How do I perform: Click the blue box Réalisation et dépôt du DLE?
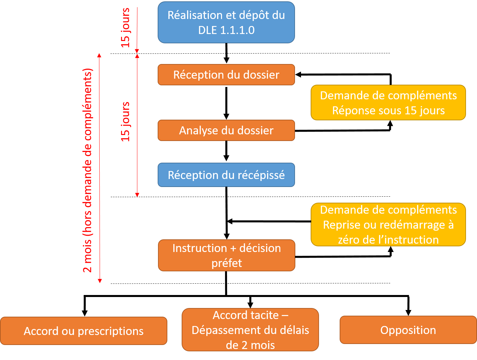[x=226, y=22]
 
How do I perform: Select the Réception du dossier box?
[x=226, y=75]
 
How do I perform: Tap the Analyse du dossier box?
[x=226, y=130]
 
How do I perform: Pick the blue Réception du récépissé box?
[x=226, y=175]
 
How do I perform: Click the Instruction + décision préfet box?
[x=226, y=255]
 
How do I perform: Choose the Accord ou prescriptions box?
[x=83, y=331]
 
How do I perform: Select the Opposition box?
[x=408, y=330]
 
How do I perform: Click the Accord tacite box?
[x=250, y=330]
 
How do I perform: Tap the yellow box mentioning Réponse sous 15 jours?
[x=388, y=103]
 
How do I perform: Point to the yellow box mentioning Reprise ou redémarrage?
[x=388, y=225]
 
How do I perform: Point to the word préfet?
[x=227, y=263]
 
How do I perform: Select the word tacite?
[x=263, y=315]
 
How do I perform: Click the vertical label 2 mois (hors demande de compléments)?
[x=87, y=170]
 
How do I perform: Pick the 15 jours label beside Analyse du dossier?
[x=125, y=122]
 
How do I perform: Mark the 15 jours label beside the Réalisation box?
[x=125, y=28]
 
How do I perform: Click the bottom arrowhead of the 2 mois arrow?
[x=100, y=281]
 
